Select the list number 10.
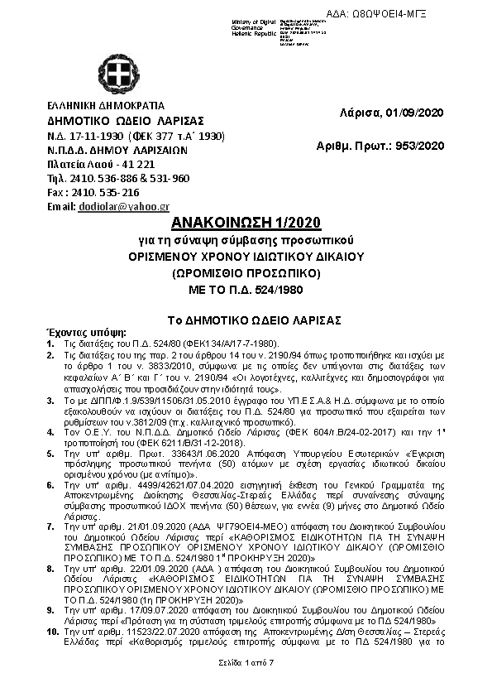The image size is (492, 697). pos(52,632)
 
